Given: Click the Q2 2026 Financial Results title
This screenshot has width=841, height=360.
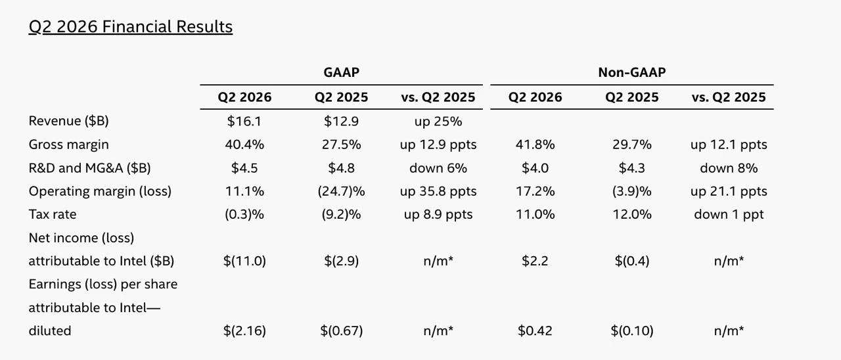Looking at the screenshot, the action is coord(131,27).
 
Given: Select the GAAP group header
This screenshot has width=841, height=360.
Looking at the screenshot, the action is coord(341,72).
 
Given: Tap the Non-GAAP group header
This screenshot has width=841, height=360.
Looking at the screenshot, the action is coord(632,72).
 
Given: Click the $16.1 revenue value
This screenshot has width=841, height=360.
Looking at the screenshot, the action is coord(244,122).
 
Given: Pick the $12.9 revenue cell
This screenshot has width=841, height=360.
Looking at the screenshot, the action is coord(341,122).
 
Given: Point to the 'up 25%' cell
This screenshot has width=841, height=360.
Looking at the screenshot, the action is coord(438,122).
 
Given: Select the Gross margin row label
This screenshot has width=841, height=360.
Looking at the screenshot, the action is coord(69,145).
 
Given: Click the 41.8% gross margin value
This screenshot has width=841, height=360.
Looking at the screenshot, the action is coord(535,145).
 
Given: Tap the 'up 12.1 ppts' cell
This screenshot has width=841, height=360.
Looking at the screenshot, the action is coord(729,145).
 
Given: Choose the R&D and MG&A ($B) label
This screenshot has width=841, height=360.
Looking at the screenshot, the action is coord(90,168).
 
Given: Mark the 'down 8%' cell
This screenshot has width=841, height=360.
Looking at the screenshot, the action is coord(729,168).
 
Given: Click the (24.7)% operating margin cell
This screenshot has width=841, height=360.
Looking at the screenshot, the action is coord(341,191).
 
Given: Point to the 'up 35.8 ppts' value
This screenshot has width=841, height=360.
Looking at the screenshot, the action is coord(438,191).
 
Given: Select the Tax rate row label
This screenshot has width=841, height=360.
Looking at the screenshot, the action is coord(53,214).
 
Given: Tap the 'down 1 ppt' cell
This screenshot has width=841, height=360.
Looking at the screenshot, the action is coord(729,214).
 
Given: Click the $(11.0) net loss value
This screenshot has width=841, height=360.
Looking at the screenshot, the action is coord(244,261).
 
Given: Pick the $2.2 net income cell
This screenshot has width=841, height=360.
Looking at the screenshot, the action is coord(535,261).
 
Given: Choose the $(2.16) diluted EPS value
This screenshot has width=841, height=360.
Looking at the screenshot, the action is coord(244,330).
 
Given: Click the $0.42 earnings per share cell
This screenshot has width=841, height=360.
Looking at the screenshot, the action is coord(535,330).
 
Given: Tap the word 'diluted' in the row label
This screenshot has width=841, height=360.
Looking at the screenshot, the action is coord(50,330).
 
